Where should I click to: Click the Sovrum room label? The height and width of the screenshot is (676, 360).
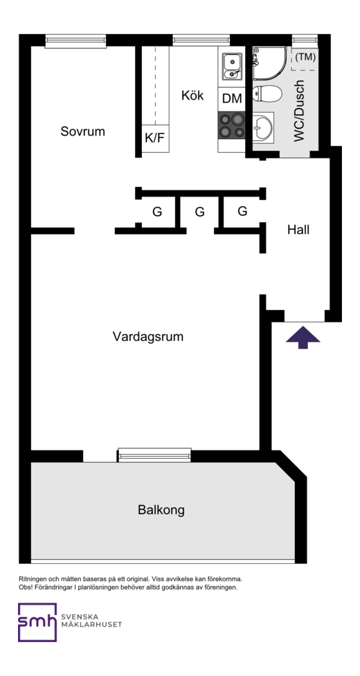pos(82,131)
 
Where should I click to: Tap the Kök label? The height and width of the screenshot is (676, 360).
pos(192,95)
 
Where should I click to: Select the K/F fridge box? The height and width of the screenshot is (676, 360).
pos(155,138)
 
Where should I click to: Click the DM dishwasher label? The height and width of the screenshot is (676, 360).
pos(232,98)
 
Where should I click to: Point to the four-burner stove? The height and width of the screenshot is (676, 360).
pos(231,125)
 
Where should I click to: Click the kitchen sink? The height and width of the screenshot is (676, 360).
pos(231,66)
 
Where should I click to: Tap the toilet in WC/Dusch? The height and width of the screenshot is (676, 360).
pos(266,93)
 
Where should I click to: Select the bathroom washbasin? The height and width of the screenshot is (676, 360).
pos(262,127)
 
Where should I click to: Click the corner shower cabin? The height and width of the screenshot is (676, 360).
pos(269,63)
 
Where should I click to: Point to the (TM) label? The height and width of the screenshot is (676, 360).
pos(305,57)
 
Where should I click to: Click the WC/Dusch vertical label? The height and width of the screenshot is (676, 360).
pos(299,111)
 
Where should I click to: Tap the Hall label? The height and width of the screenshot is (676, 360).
pos(298,230)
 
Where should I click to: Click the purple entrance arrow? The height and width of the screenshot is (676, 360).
pos(303,337)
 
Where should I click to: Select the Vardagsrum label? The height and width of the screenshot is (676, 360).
pos(148,336)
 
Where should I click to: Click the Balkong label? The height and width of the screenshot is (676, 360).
pos(161,510)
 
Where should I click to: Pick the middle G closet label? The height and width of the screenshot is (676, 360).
pos(199,212)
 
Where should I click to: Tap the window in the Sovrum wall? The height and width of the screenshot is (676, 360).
pos(75,41)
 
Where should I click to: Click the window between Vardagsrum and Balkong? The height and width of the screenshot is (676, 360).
pos(154,455)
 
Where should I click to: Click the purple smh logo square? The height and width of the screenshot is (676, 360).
pos(37,622)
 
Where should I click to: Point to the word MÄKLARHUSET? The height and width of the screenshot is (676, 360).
pos(91,624)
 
